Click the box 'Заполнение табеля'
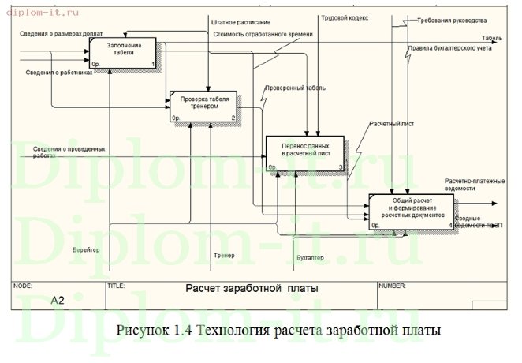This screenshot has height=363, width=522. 123,52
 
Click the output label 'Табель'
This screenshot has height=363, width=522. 492,38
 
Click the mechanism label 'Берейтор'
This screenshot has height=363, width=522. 87,249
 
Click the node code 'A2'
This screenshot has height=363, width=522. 57,301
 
